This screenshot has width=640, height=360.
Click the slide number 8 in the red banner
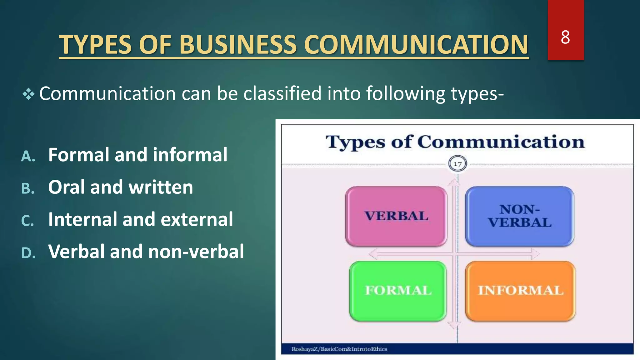[565, 37]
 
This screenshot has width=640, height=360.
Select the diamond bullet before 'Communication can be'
[28, 94]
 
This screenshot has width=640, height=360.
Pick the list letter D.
[28, 253]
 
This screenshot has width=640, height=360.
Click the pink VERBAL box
[396, 216]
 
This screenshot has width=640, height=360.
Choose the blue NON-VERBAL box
[519, 216]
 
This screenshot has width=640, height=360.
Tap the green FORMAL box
[398, 291]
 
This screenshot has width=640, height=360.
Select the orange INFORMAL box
[520, 291]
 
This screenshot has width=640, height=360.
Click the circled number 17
[457, 164]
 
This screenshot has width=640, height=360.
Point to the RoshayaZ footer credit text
[339, 349]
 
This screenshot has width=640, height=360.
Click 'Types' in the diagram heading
[355, 142]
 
